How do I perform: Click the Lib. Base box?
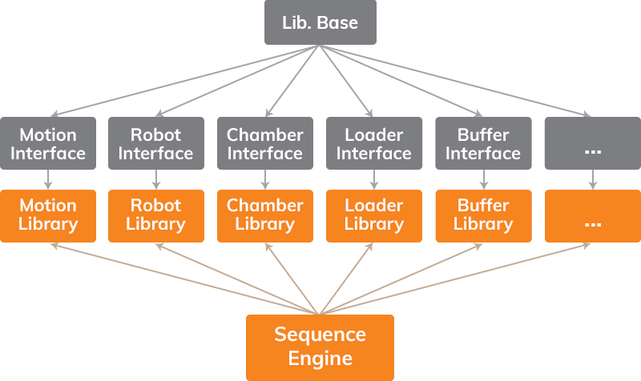tap(320, 22)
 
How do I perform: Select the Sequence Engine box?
tap(320, 347)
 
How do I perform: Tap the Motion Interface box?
tap(48, 143)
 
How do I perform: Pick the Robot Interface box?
tap(156, 143)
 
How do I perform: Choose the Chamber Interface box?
tap(265, 143)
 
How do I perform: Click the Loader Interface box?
tap(374, 143)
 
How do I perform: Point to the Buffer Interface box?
tap(483, 143)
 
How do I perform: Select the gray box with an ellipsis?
tap(592, 143)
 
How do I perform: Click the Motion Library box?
tap(48, 215)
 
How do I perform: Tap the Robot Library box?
tap(156, 215)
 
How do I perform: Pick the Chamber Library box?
tap(265, 215)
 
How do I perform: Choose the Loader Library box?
tap(374, 215)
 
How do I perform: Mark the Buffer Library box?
tap(483, 215)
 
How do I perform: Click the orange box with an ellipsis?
tap(592, 215)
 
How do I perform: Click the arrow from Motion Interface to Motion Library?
tap(48, 179)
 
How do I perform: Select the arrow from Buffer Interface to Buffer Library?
tap(483, 179)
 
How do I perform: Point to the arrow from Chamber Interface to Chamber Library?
tap(265, 179)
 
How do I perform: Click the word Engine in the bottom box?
tap(320, 358)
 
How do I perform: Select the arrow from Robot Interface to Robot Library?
tap(156, 179)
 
